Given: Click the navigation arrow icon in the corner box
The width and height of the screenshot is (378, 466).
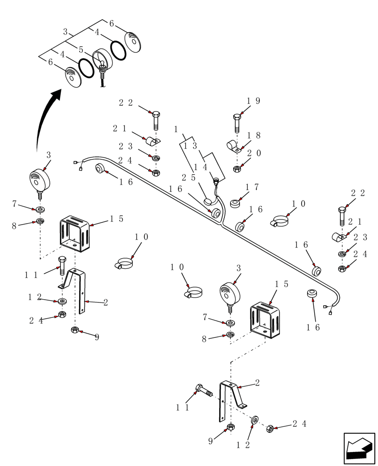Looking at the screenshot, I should (359, 448).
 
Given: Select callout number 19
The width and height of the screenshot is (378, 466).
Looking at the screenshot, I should (253, 101).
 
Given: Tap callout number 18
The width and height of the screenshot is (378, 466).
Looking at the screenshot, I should (254, 136).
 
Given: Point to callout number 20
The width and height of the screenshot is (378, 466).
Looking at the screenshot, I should (254, 153).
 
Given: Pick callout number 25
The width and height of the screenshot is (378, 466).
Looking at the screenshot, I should (189, 178).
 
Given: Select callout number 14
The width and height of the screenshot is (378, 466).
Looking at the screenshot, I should (201, 167).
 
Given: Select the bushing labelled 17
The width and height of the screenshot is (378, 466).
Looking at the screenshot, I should (236, 204).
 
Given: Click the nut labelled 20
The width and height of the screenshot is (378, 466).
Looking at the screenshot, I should (236, 169).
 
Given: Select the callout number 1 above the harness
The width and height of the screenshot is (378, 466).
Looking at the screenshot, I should (176, 129).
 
